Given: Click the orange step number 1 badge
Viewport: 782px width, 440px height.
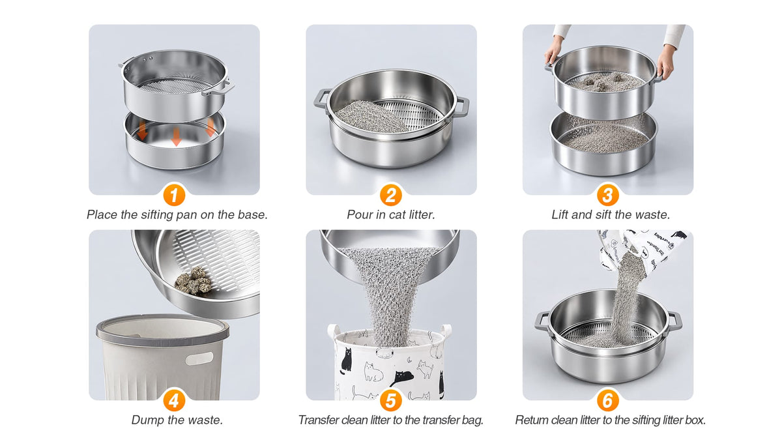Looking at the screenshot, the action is coord(174,195).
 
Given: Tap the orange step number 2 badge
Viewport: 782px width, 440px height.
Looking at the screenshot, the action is coord(390,195).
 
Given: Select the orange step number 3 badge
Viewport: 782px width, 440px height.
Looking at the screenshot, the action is coord(608,195).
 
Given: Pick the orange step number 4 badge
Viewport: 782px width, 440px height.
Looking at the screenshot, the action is coord(174,400).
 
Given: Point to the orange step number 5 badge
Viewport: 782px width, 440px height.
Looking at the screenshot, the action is coord(390,400).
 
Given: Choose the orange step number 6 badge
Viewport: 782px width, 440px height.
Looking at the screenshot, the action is coord(608,400).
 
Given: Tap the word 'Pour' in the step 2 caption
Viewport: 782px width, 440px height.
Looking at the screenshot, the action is coord(359,214).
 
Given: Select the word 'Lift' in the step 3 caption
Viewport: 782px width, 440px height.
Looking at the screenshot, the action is coord(560,214).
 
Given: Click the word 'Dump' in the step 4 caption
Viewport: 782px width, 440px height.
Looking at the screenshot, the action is coord(147,420).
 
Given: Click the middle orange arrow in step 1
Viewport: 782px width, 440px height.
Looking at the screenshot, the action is coord(177,136).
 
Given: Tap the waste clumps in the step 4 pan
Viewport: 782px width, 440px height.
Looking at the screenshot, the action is coord(193,280).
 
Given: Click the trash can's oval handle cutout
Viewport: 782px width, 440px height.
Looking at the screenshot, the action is coord(199,359).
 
